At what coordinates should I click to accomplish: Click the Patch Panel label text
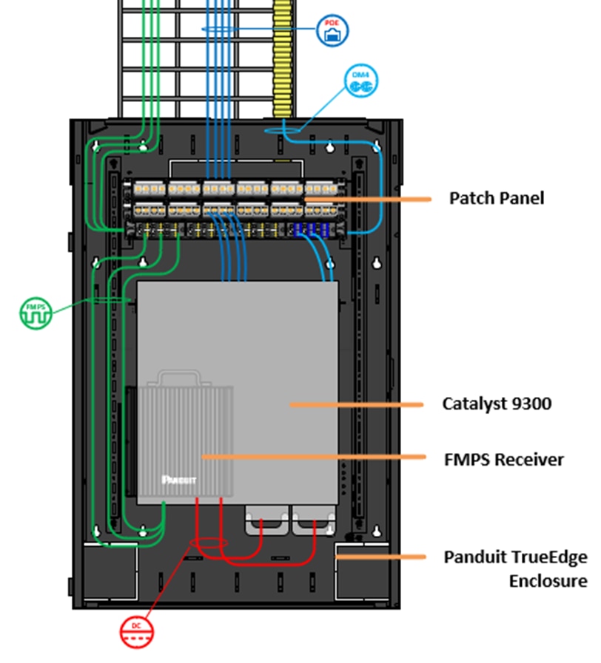tap(496, 198)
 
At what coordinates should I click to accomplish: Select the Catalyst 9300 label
tap(497, 404)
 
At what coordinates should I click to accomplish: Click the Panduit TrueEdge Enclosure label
tap(515, 568)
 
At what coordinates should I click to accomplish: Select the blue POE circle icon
tap(333, 31)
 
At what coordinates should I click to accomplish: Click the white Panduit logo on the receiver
tap(177, 478)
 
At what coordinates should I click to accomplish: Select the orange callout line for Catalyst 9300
tap(355, 404)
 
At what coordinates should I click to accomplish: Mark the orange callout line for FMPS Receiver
tap(311, 458)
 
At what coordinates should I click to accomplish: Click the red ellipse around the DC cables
tap(209, 545)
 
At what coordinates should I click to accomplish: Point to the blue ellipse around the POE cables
tap(229, 28)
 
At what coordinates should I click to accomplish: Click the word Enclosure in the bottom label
tap(548, 581)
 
